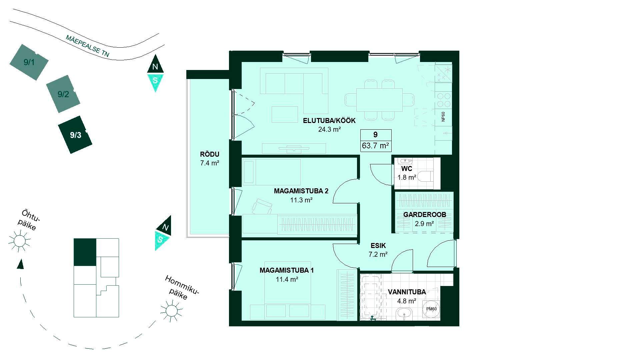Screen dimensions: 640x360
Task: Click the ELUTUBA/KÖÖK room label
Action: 329,121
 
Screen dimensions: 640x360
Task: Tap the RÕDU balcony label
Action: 209,154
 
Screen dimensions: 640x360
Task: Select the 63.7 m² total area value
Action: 376,146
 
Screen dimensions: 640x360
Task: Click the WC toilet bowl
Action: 425,176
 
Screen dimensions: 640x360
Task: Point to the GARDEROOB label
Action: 424,215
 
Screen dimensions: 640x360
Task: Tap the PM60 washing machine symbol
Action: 431,309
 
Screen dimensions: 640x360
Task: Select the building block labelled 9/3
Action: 75,135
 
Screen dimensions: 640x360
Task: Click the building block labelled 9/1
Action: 29,62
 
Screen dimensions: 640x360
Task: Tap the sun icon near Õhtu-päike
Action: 19,241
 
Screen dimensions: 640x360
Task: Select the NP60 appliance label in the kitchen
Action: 443,117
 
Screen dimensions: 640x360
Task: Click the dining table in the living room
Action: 380,100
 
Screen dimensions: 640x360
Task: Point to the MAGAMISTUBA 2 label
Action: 301,191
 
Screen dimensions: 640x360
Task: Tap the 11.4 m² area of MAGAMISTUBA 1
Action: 287,279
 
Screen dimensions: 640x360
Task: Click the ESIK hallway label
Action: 378,246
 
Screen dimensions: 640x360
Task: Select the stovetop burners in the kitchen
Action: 444,100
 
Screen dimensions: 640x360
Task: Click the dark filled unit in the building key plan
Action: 85,252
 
